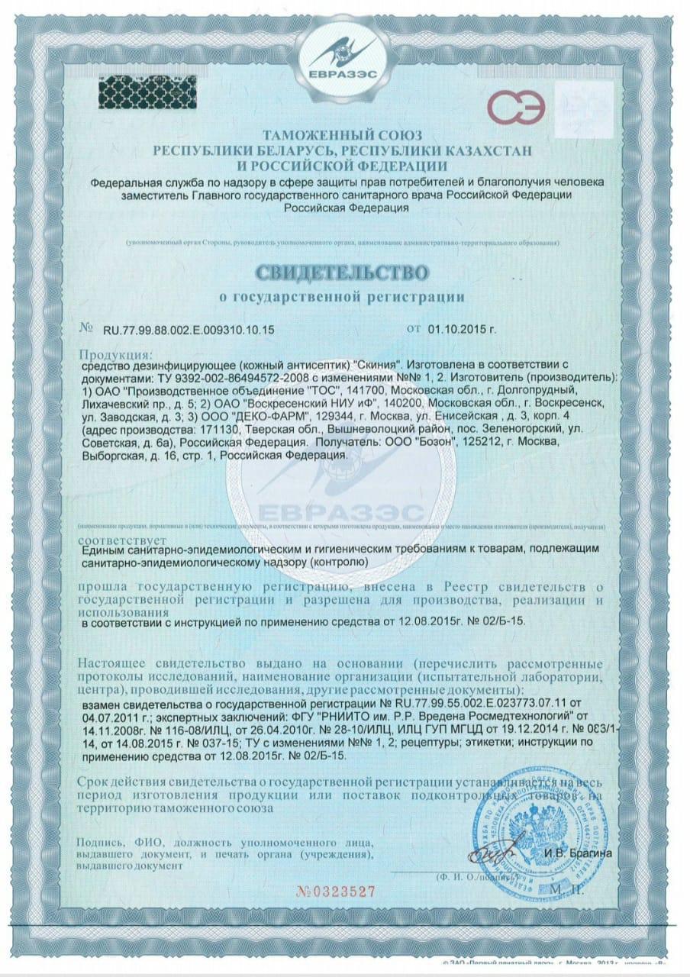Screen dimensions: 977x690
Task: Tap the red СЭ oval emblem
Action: tap(514, 109)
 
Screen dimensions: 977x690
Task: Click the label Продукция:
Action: tap(115, 355)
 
